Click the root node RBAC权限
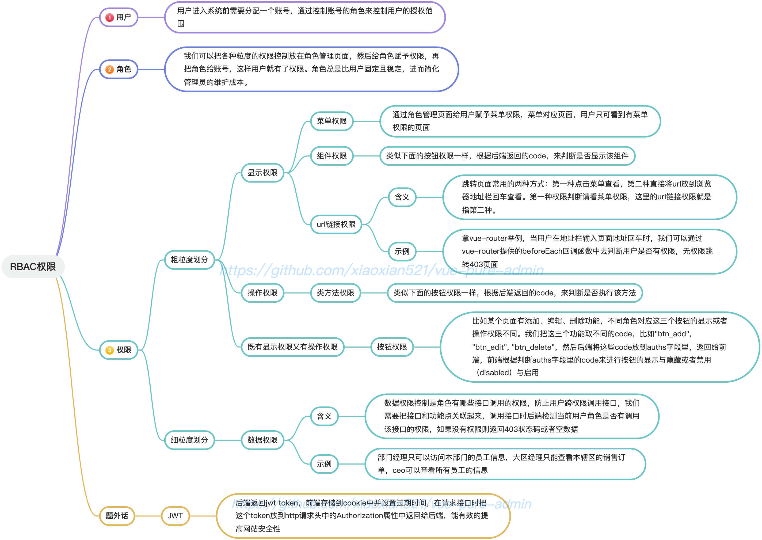pos(33,267)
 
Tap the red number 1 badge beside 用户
pos(109,18)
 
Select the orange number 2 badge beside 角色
pos(109,70)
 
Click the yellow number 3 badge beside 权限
pos(109,350)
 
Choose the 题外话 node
pos(117,516)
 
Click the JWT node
pos(175,516)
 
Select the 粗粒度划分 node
pos(189,260)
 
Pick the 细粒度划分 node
pos(189,440)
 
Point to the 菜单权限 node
pos(332,121)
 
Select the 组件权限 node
pos(332,156)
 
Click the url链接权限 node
pos(336,225)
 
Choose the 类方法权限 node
pos(336,293)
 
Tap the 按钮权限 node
pos(392,347)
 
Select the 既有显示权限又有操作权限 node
pos(292,347)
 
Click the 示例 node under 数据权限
pos(325,464)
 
